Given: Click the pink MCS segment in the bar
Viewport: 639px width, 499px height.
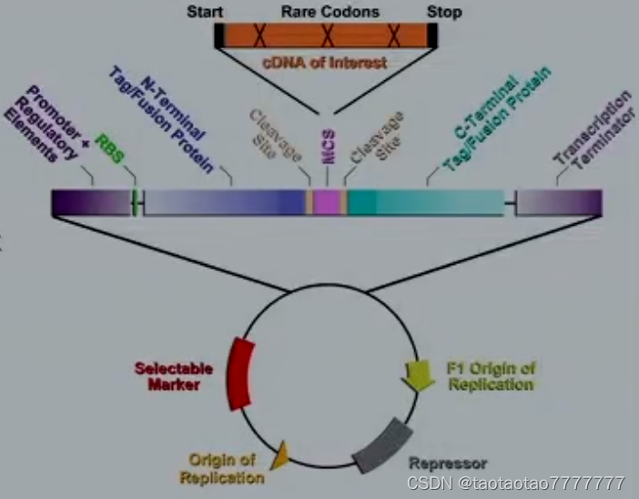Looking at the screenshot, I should click(328, 202).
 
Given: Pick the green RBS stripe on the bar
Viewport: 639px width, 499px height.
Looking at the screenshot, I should click(135, 202).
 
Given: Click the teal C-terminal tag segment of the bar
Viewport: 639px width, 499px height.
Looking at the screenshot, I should click(424, 202).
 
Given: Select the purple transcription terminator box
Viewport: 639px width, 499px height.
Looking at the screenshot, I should click(559, 202).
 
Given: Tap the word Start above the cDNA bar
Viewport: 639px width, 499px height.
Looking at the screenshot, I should click(205, 12).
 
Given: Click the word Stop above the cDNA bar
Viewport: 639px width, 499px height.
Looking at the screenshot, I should click(443, 12).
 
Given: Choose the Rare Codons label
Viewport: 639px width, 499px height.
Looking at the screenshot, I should click(325, 12).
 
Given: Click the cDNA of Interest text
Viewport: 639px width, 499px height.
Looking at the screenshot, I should click(324, 63).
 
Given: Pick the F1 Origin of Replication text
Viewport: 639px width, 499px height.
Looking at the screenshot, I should click(491, 376).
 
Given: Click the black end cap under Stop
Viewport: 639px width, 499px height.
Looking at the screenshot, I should click(432, 35).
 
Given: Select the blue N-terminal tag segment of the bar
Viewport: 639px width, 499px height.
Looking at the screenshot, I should click(223, 202).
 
